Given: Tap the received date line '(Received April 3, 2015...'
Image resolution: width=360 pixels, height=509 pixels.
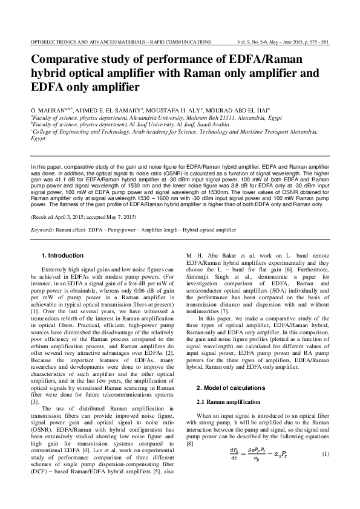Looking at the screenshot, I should click(x=83, y=216).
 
